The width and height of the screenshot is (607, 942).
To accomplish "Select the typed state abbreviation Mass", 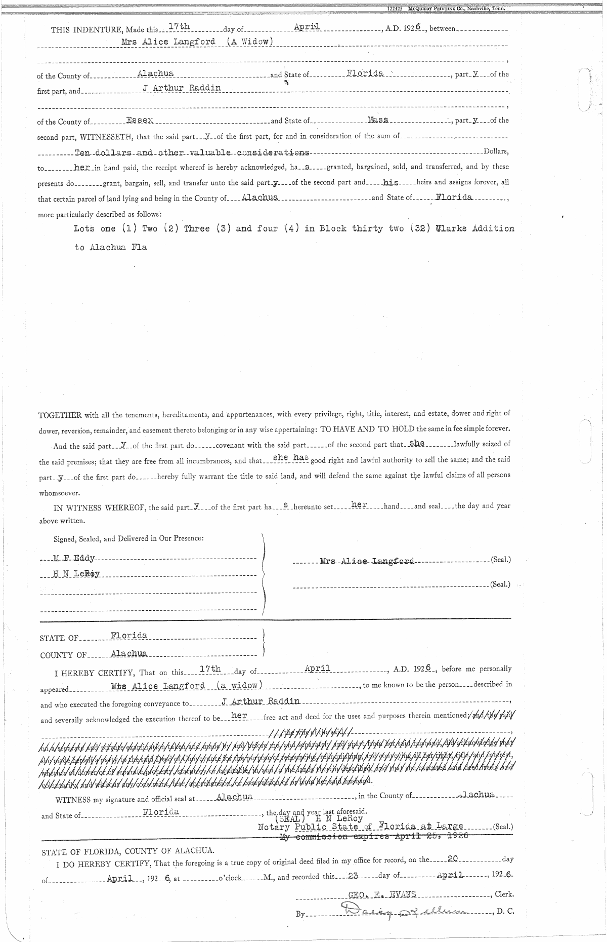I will coord(378,120).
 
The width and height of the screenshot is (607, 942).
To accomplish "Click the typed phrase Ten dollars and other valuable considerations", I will coord(192,152).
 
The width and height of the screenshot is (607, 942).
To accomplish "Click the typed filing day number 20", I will coord(453,859).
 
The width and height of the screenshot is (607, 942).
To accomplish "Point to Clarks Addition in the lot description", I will coord(475,228).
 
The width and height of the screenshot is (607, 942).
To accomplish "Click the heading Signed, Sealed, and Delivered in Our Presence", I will coord(128,538).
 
